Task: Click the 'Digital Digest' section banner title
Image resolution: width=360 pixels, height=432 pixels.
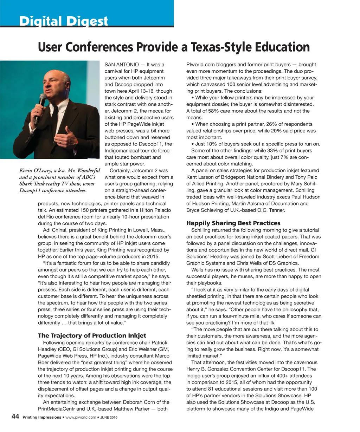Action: pos(63,22)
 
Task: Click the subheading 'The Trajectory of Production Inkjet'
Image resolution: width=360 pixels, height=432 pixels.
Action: pos(92,335)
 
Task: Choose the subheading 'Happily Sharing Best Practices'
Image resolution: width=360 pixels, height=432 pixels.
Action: pos(233,223)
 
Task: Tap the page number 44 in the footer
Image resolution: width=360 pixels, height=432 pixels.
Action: pos(15,417)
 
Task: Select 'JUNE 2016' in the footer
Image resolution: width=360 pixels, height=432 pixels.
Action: pos(109,418)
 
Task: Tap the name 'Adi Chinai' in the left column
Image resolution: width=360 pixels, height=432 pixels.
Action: pos(54,230)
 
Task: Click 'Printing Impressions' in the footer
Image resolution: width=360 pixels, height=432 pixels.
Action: pos(41,418)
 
